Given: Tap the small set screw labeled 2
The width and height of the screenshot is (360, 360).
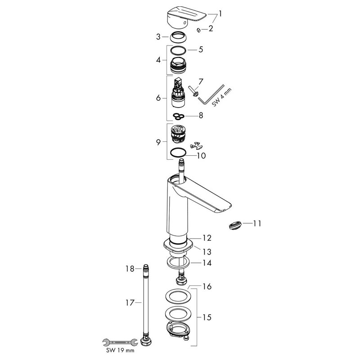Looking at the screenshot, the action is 199,30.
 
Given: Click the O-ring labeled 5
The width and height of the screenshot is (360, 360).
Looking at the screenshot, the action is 178,50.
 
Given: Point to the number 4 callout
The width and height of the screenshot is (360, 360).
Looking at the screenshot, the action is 158,60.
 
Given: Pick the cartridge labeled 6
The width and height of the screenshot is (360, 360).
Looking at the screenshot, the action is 178,93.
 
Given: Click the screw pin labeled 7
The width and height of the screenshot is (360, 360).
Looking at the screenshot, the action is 193,91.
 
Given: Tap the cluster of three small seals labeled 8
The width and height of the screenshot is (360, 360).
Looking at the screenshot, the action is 179,117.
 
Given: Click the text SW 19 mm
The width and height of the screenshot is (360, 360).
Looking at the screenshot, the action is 120,351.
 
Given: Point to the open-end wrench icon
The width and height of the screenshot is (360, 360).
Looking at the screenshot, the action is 120,342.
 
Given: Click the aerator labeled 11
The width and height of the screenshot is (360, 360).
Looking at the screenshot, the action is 235,225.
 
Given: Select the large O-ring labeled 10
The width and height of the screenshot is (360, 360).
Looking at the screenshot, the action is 178,153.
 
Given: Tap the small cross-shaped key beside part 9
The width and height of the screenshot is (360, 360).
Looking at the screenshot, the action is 196,145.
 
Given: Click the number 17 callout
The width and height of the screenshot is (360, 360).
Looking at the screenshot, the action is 130,303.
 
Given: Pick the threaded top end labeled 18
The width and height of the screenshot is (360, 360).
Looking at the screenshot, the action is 146,268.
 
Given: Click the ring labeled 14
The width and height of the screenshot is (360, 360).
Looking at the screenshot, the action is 178,262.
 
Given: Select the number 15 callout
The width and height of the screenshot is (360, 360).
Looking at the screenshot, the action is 207,318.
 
